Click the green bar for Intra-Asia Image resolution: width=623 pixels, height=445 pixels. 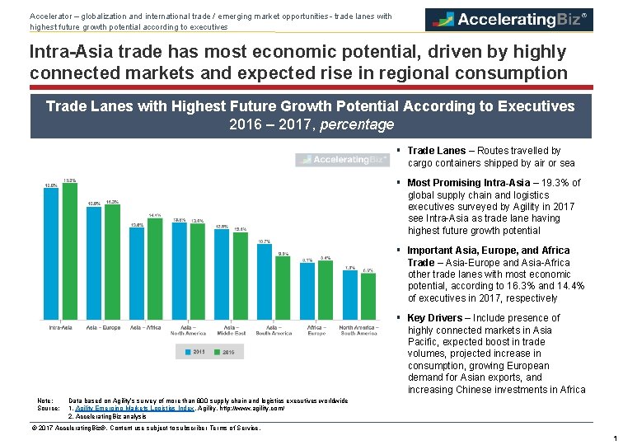pyautogui.click(x=70, y=251)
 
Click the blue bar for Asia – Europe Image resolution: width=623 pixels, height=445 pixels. pyautogui.click(x=94, y=263)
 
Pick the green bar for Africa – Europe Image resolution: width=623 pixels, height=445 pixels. pyautogui.click(x=326, y=290)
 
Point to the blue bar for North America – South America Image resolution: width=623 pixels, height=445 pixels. pyautogui.click(x=350, y=295)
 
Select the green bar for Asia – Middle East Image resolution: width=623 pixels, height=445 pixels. pyautogui.click(x=240, y=276)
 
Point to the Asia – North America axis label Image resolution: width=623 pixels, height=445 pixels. pyautogui.click(x=188, y=330)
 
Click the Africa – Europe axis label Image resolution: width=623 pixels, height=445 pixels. pyautogui.click(x=316, y=330)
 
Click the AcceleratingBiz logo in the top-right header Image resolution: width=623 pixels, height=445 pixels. pyautogui.click(x=508, y=19)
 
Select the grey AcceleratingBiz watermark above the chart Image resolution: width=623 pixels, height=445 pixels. pyautogui.click(x=342, y=159)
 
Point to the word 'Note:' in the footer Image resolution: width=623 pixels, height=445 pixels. pyautogui.click(x=45, y=400)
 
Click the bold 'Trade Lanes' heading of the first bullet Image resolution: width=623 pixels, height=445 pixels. pyautogui.click(x=436, y=151)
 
